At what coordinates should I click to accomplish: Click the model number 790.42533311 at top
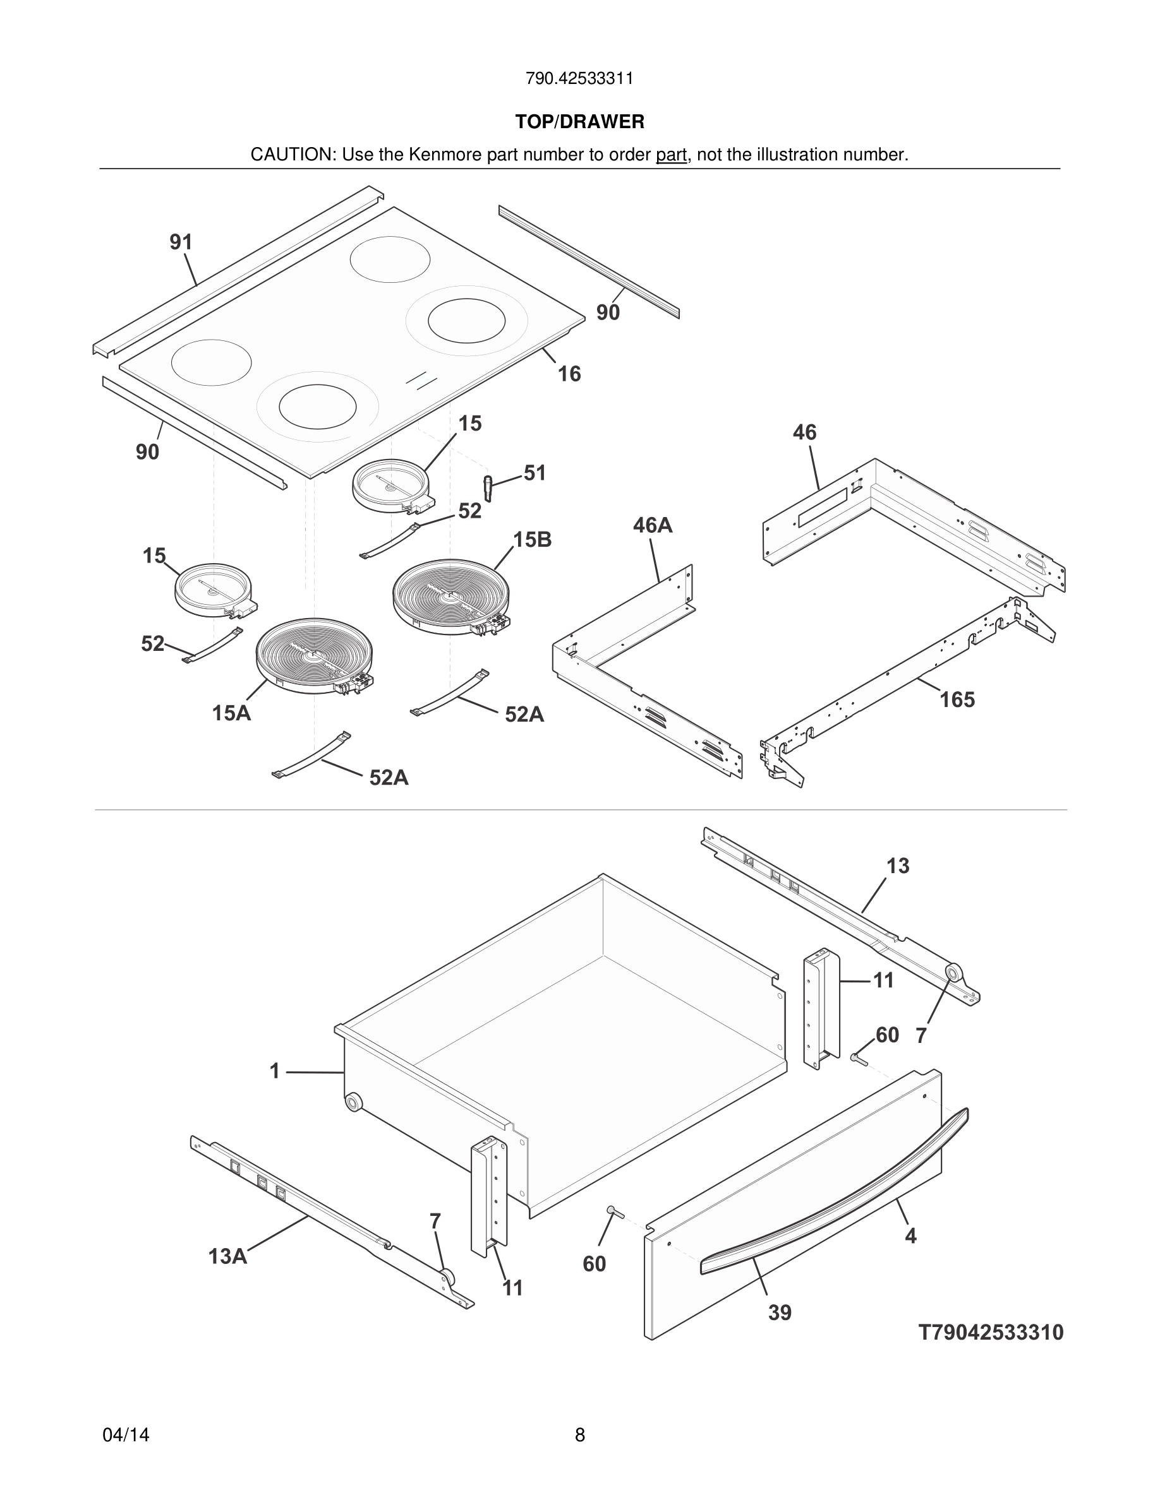click(x=579, y=78)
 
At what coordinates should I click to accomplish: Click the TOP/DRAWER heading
click(x=579, y=122)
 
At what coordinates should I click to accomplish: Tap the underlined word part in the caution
click(x=671, y=155)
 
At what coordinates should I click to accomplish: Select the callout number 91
click(x=181, y=242)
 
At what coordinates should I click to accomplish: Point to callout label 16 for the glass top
click(x=569, y=374)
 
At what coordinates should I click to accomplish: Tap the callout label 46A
click(x=652, y=525)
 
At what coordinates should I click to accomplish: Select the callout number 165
click(x=957, y=700)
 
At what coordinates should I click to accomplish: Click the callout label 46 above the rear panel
click(x=805, y=432)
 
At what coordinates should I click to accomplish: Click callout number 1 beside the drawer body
click(x=274, y=1071)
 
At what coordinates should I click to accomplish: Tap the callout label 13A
click(x=227, y=1257)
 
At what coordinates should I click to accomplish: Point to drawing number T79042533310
click(x=991, y=1333)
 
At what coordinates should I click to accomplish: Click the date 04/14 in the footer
click(x=126, y=1435)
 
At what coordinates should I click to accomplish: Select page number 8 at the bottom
click(x=579, y=1435)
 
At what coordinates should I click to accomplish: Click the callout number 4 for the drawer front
click(x=910, y=1236)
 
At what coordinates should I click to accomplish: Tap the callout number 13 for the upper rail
click(x=898, y=866)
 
